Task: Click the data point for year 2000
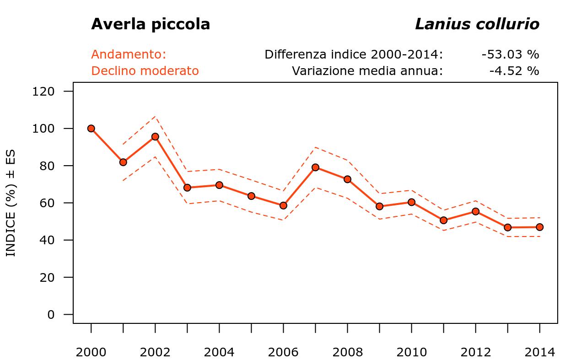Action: point(91,129)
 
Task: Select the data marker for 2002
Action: point(155,136)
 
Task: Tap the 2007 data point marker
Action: point(315,167)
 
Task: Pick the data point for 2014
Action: point(539,227)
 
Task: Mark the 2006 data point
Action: point(283,205)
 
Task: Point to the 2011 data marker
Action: point(443,220)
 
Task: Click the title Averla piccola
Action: point(151,24)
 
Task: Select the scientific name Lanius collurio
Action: point(477,24)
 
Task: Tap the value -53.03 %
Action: point(510,54)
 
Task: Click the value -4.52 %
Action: point(514,71)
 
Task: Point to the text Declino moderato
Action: point(145,71)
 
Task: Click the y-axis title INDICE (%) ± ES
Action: point(11,203)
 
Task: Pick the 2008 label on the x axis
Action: point(347,352)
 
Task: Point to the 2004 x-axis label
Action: point(219,352)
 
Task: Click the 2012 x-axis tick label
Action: point(475,352)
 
